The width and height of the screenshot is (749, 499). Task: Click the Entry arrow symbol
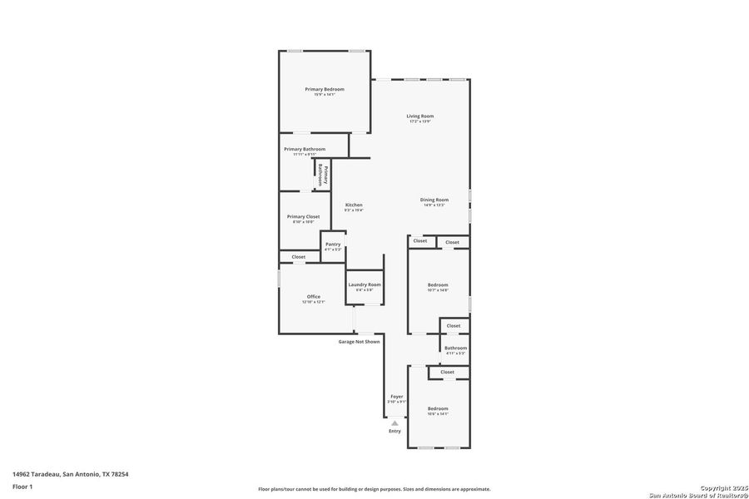[394, 422]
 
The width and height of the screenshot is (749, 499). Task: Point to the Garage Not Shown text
[359, 342]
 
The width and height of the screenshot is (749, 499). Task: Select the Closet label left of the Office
[298, 257]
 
